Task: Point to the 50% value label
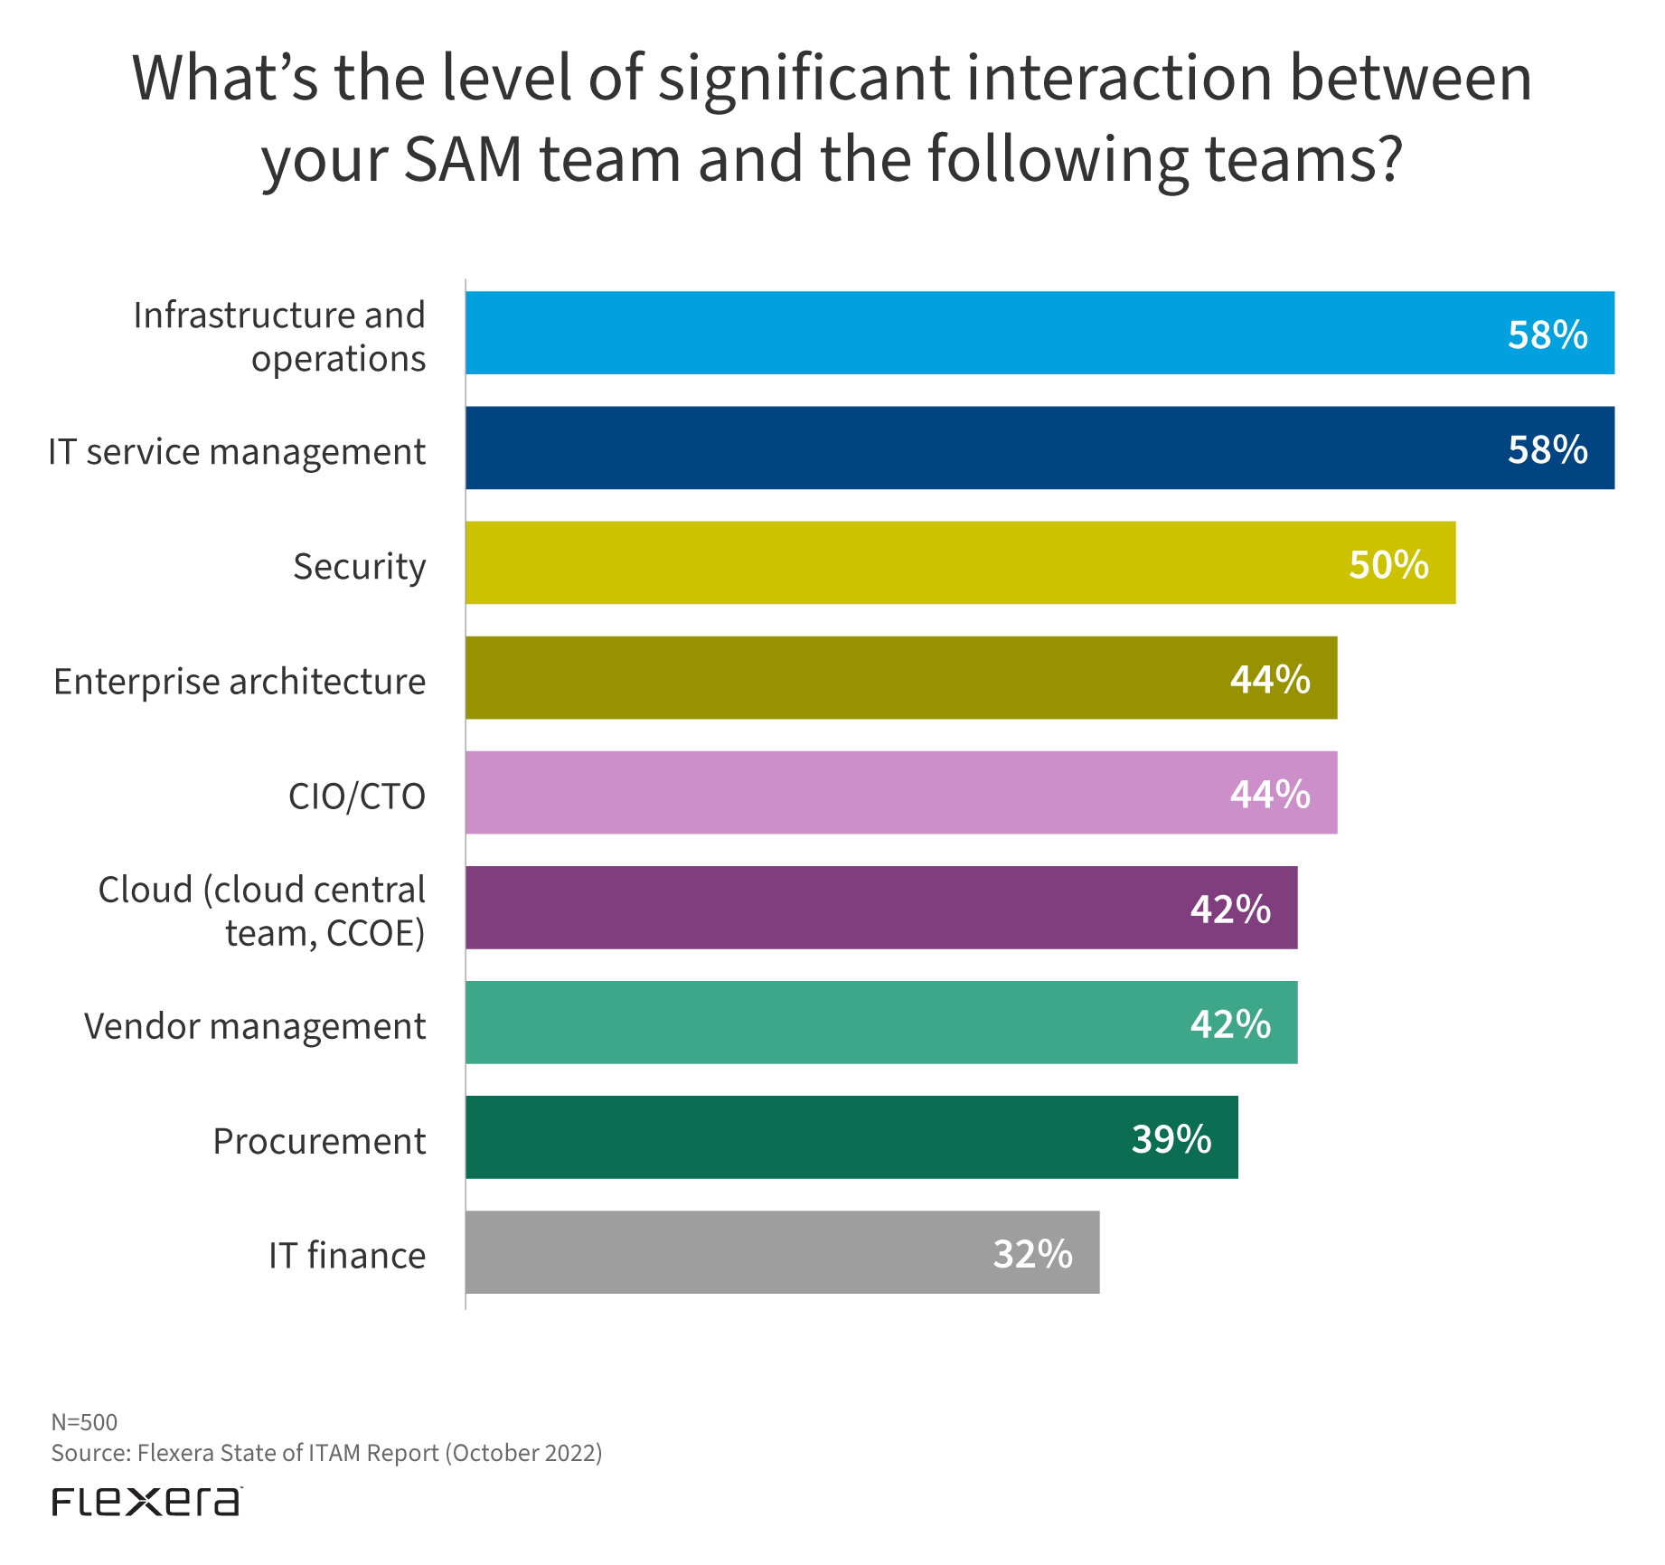[1388, 564]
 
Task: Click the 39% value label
[1171, 1139]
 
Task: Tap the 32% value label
[1032, 1254]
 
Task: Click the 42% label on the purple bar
[1230, 909]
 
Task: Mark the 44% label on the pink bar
[1270, 794]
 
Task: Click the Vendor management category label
[255, 1026]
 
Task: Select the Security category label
[359, 567]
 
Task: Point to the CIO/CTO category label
[356, 797]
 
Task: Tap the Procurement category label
[319, 1141]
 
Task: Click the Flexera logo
[146, 1502]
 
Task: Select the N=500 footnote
[84, 1422]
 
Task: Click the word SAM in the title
[463, 159]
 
